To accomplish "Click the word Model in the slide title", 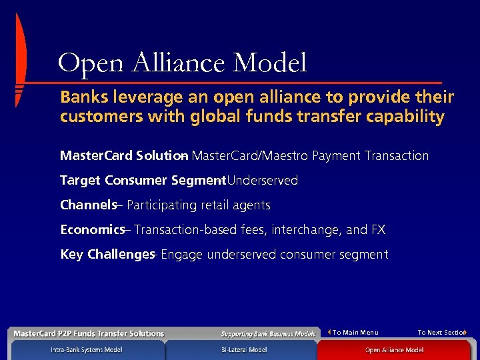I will click(270, 63).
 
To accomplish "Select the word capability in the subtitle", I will click(408, 117).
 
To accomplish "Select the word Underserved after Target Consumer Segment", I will click(263, 181).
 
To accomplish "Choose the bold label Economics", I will click(92, 230).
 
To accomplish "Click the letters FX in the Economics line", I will click(378, 230).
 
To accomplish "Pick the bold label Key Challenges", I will click(107, 255).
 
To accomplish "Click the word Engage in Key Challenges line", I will click(182, 255).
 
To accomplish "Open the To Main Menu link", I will click(355, 332).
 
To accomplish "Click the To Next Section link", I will click(441, 332).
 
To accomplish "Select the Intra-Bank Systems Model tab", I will click(87, 349).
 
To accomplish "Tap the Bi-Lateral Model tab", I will click(244, 349).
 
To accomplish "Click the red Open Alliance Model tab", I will click(394, 349).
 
